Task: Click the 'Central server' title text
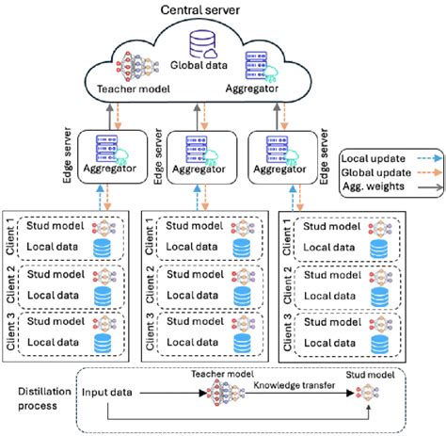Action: tap(199, 10)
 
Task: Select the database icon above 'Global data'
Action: tap(200, 43)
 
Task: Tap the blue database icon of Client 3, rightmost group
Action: tap(383, 341)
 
